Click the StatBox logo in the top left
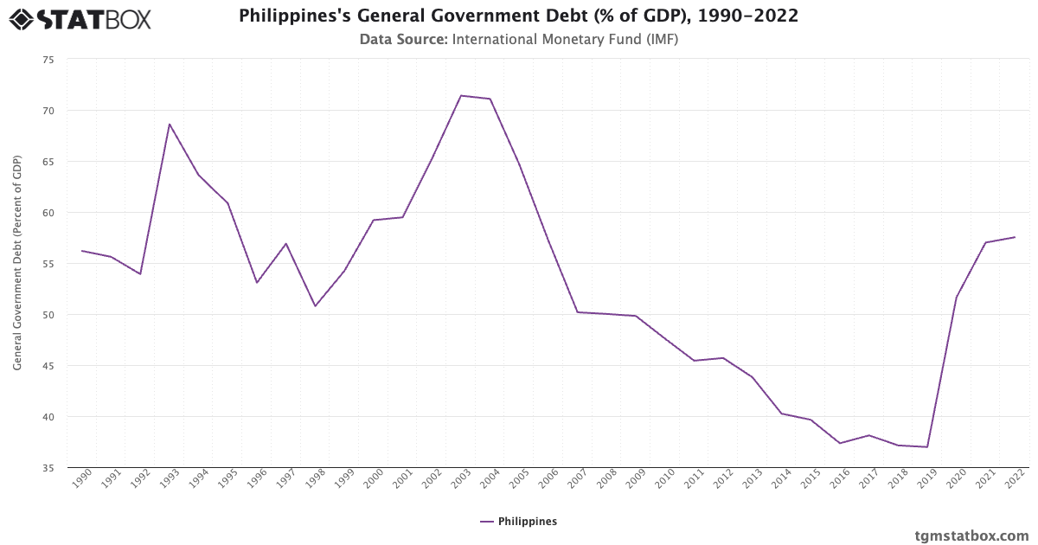80,19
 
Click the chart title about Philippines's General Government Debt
518,16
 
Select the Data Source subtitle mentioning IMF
518,39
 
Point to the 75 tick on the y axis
48,60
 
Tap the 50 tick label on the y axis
48,315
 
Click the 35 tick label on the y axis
48,468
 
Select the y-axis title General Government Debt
17,264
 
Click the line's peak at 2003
461,95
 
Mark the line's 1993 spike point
170,124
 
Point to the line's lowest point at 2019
927,447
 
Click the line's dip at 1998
315,306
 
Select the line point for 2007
577,312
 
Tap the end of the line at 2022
1015,237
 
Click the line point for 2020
956,298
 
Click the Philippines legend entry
518,522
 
